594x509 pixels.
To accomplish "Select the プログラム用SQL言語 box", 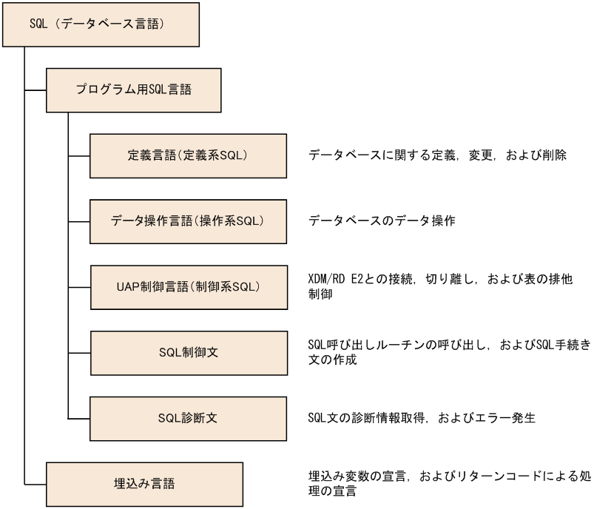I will pos(134,90).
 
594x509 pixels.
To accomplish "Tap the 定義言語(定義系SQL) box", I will pos(188,155).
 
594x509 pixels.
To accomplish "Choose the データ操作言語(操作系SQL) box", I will pos(188,221).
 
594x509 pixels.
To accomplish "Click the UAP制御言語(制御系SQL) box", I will pos(188,286).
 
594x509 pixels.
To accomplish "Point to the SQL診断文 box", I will pos(188,418).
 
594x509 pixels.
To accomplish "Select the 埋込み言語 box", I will pos(144,484).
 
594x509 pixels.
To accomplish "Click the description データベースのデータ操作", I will pos(381,221).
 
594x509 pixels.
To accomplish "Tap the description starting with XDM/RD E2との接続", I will pos(439,286).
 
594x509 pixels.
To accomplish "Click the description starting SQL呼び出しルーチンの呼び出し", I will pos(439,352).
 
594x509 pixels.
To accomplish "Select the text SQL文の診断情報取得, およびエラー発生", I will pos(421,418).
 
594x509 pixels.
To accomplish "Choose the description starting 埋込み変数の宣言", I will pos(439,484).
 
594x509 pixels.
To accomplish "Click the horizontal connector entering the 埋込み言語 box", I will pos(36,484).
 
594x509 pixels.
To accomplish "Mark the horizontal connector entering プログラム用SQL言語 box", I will pos(36,90).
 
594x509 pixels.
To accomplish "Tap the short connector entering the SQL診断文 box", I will pos(79,418).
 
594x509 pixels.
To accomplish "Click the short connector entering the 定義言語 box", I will pos(79,155).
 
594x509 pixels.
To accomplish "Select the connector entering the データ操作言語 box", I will pos(79,221).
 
